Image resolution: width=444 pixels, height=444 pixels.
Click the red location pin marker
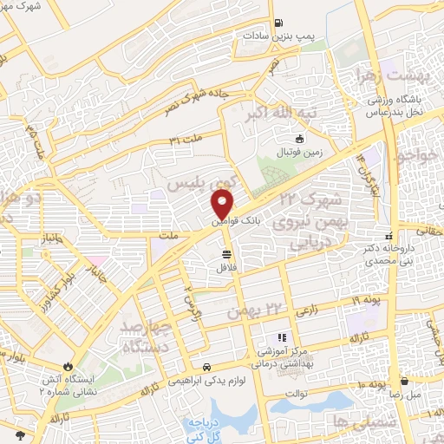pos(224,205)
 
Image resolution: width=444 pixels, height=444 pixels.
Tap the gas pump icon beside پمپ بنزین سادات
pos(277,23)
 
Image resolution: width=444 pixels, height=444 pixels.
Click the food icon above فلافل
pos(226,254)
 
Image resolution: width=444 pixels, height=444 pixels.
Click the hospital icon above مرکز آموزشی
pos(281,338)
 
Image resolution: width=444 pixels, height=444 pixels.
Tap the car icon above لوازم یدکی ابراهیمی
pos(207,367)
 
